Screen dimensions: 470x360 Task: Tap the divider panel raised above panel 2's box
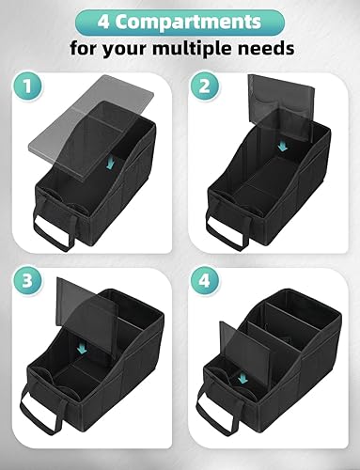point(273,104)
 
